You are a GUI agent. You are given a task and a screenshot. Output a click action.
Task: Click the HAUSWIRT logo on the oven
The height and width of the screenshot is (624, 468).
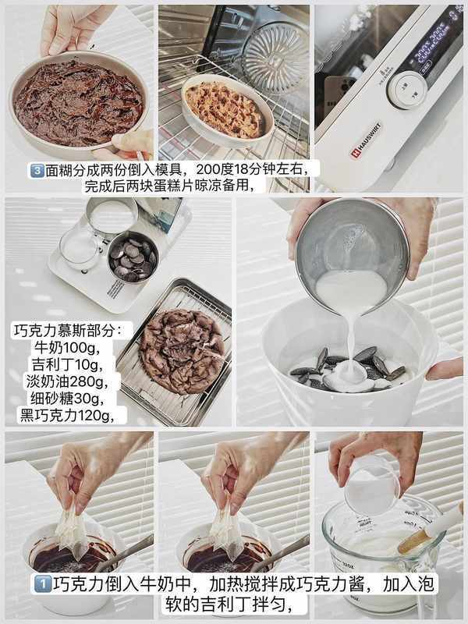point(367,140)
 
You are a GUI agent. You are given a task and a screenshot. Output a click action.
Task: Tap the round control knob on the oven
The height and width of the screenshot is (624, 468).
point(407,90)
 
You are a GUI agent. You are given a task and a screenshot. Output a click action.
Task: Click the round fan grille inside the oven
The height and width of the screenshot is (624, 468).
point(275,55)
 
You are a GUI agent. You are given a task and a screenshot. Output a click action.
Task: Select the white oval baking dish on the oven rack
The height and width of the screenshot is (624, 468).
point(227,110)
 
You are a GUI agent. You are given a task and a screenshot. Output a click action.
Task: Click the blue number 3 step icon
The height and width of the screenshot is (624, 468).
point(37,170)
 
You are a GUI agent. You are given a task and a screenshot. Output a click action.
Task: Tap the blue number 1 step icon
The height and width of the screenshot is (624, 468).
point(42,584)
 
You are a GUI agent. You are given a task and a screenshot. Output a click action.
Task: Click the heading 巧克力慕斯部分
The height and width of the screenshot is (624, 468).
point(68,330)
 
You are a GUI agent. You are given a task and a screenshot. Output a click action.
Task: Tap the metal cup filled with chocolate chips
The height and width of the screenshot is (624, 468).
point(133,257)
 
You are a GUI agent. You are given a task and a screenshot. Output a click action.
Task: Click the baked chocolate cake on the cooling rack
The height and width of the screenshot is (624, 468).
point(182,351)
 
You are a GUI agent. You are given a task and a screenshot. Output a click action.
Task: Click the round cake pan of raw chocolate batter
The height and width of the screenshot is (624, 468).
point(79,105)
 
